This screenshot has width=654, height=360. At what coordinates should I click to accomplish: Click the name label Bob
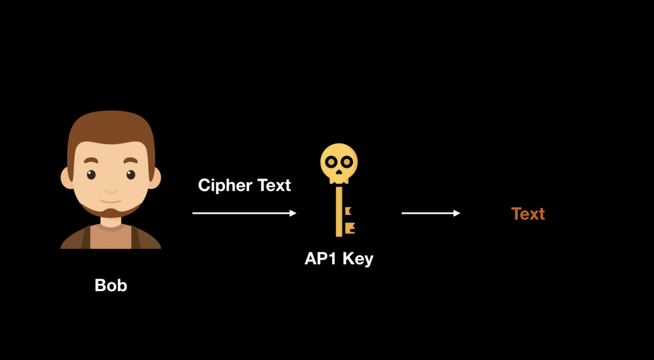click(110, 285)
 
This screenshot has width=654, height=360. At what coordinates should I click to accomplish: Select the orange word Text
click(528, 214)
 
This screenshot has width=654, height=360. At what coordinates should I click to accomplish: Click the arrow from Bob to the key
click(245, 213)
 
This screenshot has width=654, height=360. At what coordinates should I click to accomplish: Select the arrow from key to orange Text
click(430, 213)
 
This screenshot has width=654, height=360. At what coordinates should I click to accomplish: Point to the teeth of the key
click(349, 218)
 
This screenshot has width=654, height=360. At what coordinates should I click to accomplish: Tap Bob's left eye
click(92, 174)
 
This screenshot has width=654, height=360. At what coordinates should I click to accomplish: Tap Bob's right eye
click(130, 174)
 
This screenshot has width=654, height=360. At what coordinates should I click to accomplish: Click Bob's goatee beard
click(111, 211)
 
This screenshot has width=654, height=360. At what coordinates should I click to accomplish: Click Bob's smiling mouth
click(111, 191)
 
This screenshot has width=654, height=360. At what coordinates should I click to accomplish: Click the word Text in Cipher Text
click(274, 186)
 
